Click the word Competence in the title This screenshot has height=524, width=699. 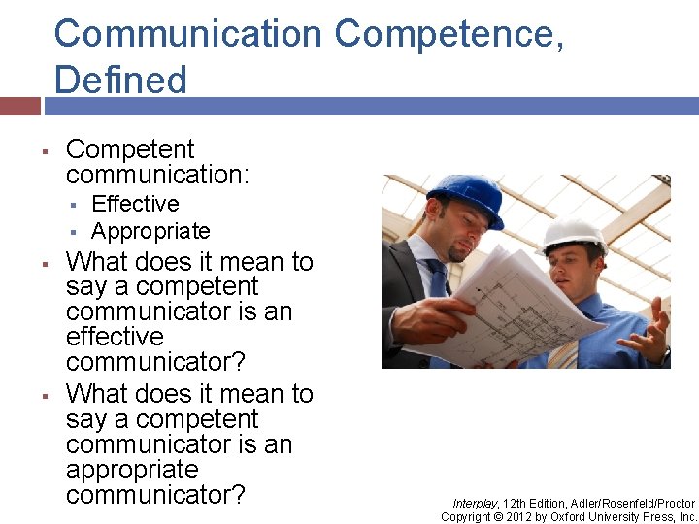coord(449,34)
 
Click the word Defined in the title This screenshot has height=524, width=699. coord(120,80)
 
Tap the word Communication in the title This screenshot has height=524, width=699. coord(188,34)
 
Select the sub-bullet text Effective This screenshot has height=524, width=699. coord(135,204)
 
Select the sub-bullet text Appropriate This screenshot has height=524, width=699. coord(150,231)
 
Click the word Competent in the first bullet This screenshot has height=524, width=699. coord(130,149)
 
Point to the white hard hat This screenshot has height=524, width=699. coord(574,234)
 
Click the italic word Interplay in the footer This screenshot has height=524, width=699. coord(475,503)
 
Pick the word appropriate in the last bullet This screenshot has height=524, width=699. coord(132,470)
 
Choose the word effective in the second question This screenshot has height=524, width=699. coord(115,337)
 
